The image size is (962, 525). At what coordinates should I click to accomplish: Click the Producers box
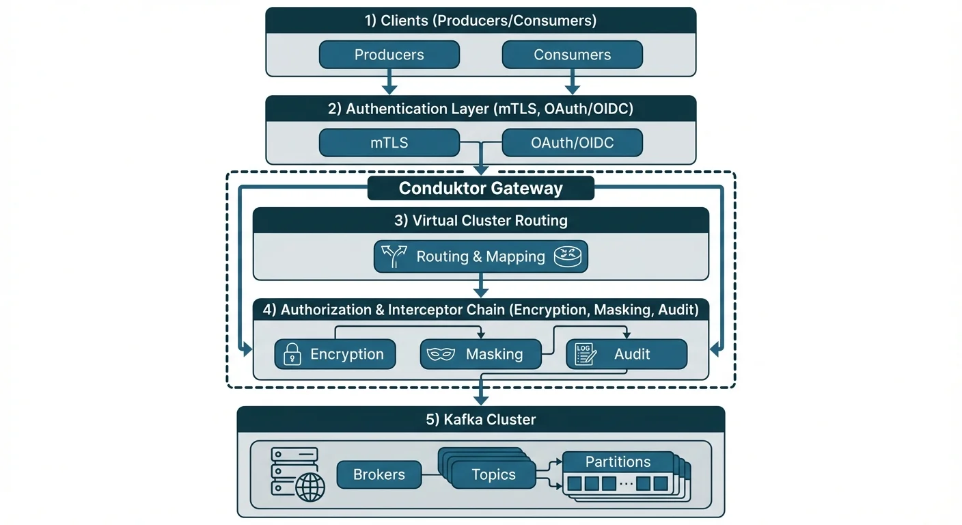point(389,55)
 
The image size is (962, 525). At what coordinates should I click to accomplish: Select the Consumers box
point(572,55)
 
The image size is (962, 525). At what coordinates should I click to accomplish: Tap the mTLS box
point(389,144)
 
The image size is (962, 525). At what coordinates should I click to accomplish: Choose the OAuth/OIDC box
point(572,144)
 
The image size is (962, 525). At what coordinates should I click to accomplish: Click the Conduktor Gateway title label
point(480,189)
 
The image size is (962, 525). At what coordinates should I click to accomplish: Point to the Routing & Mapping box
point(480,257)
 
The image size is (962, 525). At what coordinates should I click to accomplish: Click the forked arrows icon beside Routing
point(394,257)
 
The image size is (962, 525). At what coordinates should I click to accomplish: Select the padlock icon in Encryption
point(292,354)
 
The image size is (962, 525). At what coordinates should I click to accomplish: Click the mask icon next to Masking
point(441,354)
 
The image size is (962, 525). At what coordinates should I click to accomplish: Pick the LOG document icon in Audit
point(585,354)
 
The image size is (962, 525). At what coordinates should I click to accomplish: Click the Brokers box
point(379,474)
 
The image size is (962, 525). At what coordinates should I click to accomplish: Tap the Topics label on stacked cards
point(493,474)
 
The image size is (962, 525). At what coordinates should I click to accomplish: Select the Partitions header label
point(618,461)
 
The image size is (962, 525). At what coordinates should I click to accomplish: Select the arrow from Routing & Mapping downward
point(481,285)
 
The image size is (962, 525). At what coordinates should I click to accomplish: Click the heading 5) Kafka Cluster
point(480,419)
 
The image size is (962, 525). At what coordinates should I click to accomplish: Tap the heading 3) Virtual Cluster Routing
point(480,221)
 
